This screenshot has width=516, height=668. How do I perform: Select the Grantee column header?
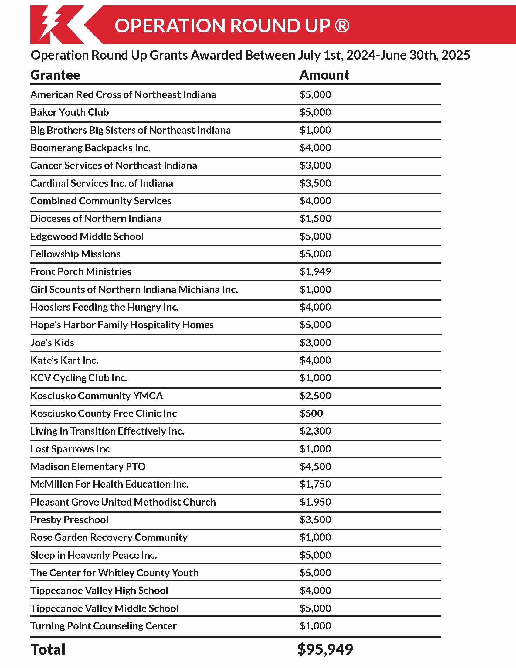pyautogui.click(x=55, y=75)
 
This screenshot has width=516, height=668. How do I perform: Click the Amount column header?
pyautogui.click(x=324, y=75)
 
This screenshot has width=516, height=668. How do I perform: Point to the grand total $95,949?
pyautogui.click(x=325, y=649)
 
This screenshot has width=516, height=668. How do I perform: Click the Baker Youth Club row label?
pyautogui.click(x=70, y=112)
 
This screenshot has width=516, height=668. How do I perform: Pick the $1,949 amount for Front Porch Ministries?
pyautogui.click(x=315, y=272)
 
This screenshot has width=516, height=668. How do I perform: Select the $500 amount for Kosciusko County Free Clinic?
pyautogui.click(x=311, y=413)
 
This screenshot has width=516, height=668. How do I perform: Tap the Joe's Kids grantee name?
pyautogui.click(x=52, y=343)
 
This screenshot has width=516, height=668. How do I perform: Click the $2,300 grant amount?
pyautogui.click(x=315, y=431)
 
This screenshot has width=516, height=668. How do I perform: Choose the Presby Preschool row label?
pyautogui.click(x=70, y=520)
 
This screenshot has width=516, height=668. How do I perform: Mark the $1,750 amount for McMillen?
pyautogui.click(x=315, y=484)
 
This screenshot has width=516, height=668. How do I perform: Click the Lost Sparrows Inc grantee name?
pyautogui.click(x=70, y=449)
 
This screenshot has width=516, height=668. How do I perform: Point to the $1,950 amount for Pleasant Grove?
pyautogui.click(x=315, y=502)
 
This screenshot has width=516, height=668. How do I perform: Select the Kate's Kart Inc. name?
pyautogui.click(x=64, y=360)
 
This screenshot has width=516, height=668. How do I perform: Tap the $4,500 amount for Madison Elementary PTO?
pyautogui.click(x=315, y=466)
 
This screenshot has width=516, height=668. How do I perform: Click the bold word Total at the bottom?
pyautogui.click(x=48, y=649)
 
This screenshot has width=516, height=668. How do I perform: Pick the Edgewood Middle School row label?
pyautogui.click(x=87, y=237)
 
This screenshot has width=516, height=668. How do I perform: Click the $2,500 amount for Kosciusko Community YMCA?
pyautogui.click(x=315, y=396)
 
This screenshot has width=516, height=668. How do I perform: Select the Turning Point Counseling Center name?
pyautogui.click(x=103, y=626)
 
